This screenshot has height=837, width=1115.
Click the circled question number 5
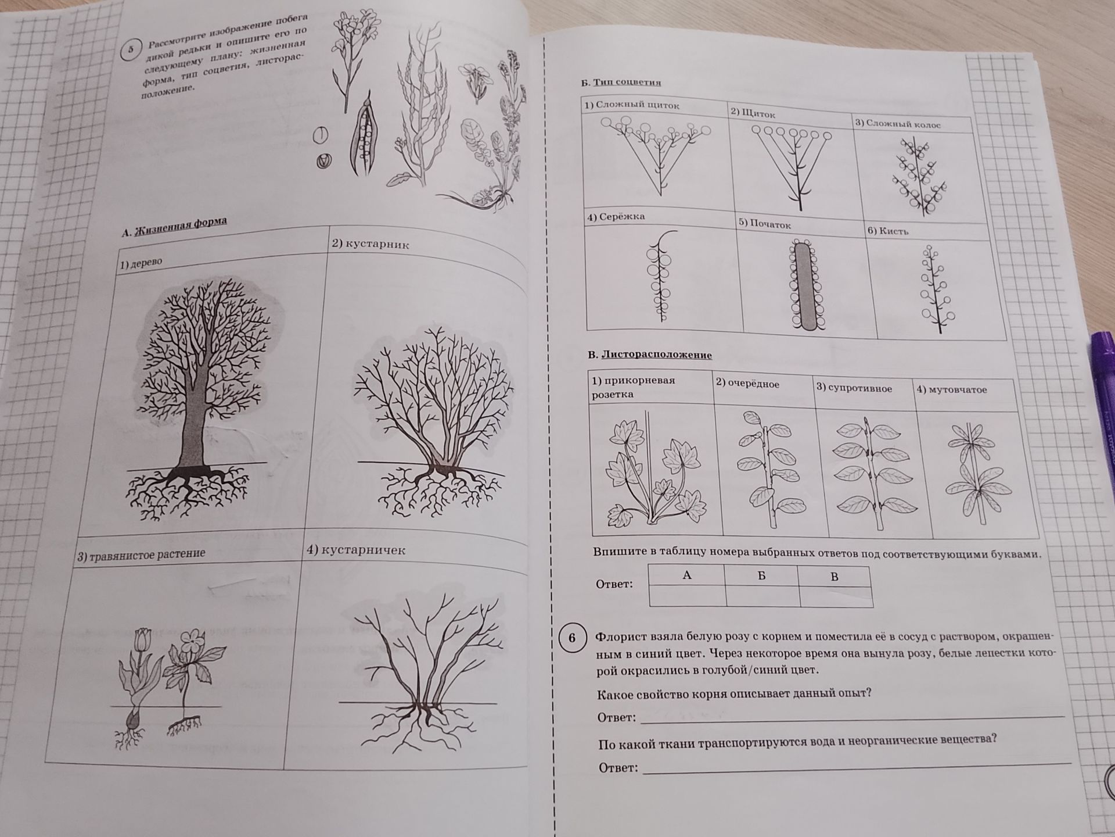click(131, 50)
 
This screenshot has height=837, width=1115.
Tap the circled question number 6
click(572, 638)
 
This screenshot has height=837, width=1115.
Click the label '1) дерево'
click(141, 264)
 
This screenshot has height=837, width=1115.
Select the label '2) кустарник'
click(371, 244)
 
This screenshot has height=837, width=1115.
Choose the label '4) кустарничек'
click(356, 549)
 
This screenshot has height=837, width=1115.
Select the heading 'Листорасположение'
click(656, 355)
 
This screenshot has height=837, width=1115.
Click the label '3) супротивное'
click(854, 388)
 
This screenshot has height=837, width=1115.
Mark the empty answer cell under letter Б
click(762, 596)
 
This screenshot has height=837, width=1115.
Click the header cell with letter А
click(686, 575)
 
